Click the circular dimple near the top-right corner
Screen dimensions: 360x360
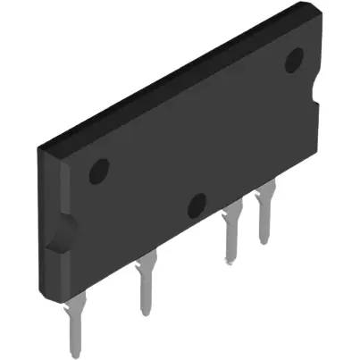point(294,62)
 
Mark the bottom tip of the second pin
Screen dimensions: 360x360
point(145,313)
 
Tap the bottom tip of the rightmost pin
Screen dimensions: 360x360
point(264,241)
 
